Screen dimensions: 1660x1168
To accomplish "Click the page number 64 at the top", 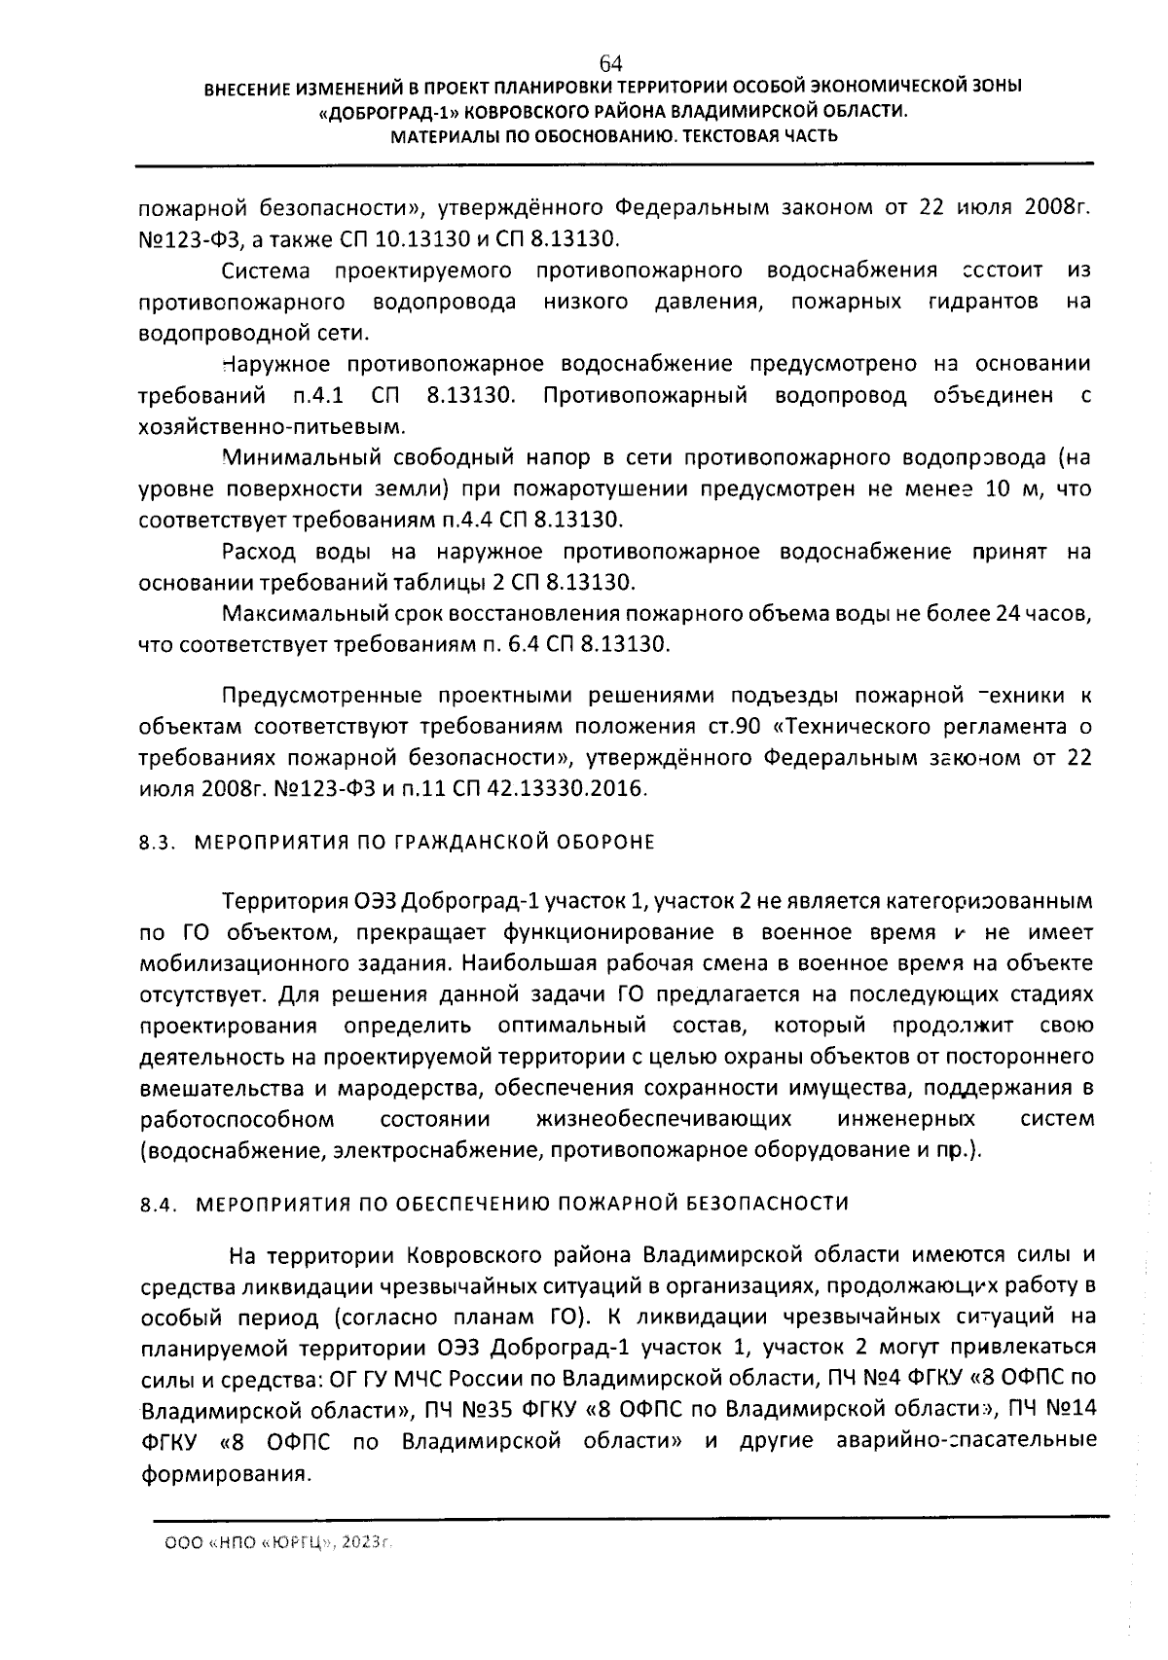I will (x=610, y=63).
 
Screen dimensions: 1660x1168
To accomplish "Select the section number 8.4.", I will (x=156, y=1204).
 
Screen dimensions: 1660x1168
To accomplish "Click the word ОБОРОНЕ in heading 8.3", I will (x=608, y=842).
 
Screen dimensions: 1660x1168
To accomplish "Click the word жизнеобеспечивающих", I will (x=663, y=1119).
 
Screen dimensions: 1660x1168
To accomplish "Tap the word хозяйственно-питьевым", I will (x=272, y=426).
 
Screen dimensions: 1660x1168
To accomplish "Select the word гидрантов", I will (x=976, y=302).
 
